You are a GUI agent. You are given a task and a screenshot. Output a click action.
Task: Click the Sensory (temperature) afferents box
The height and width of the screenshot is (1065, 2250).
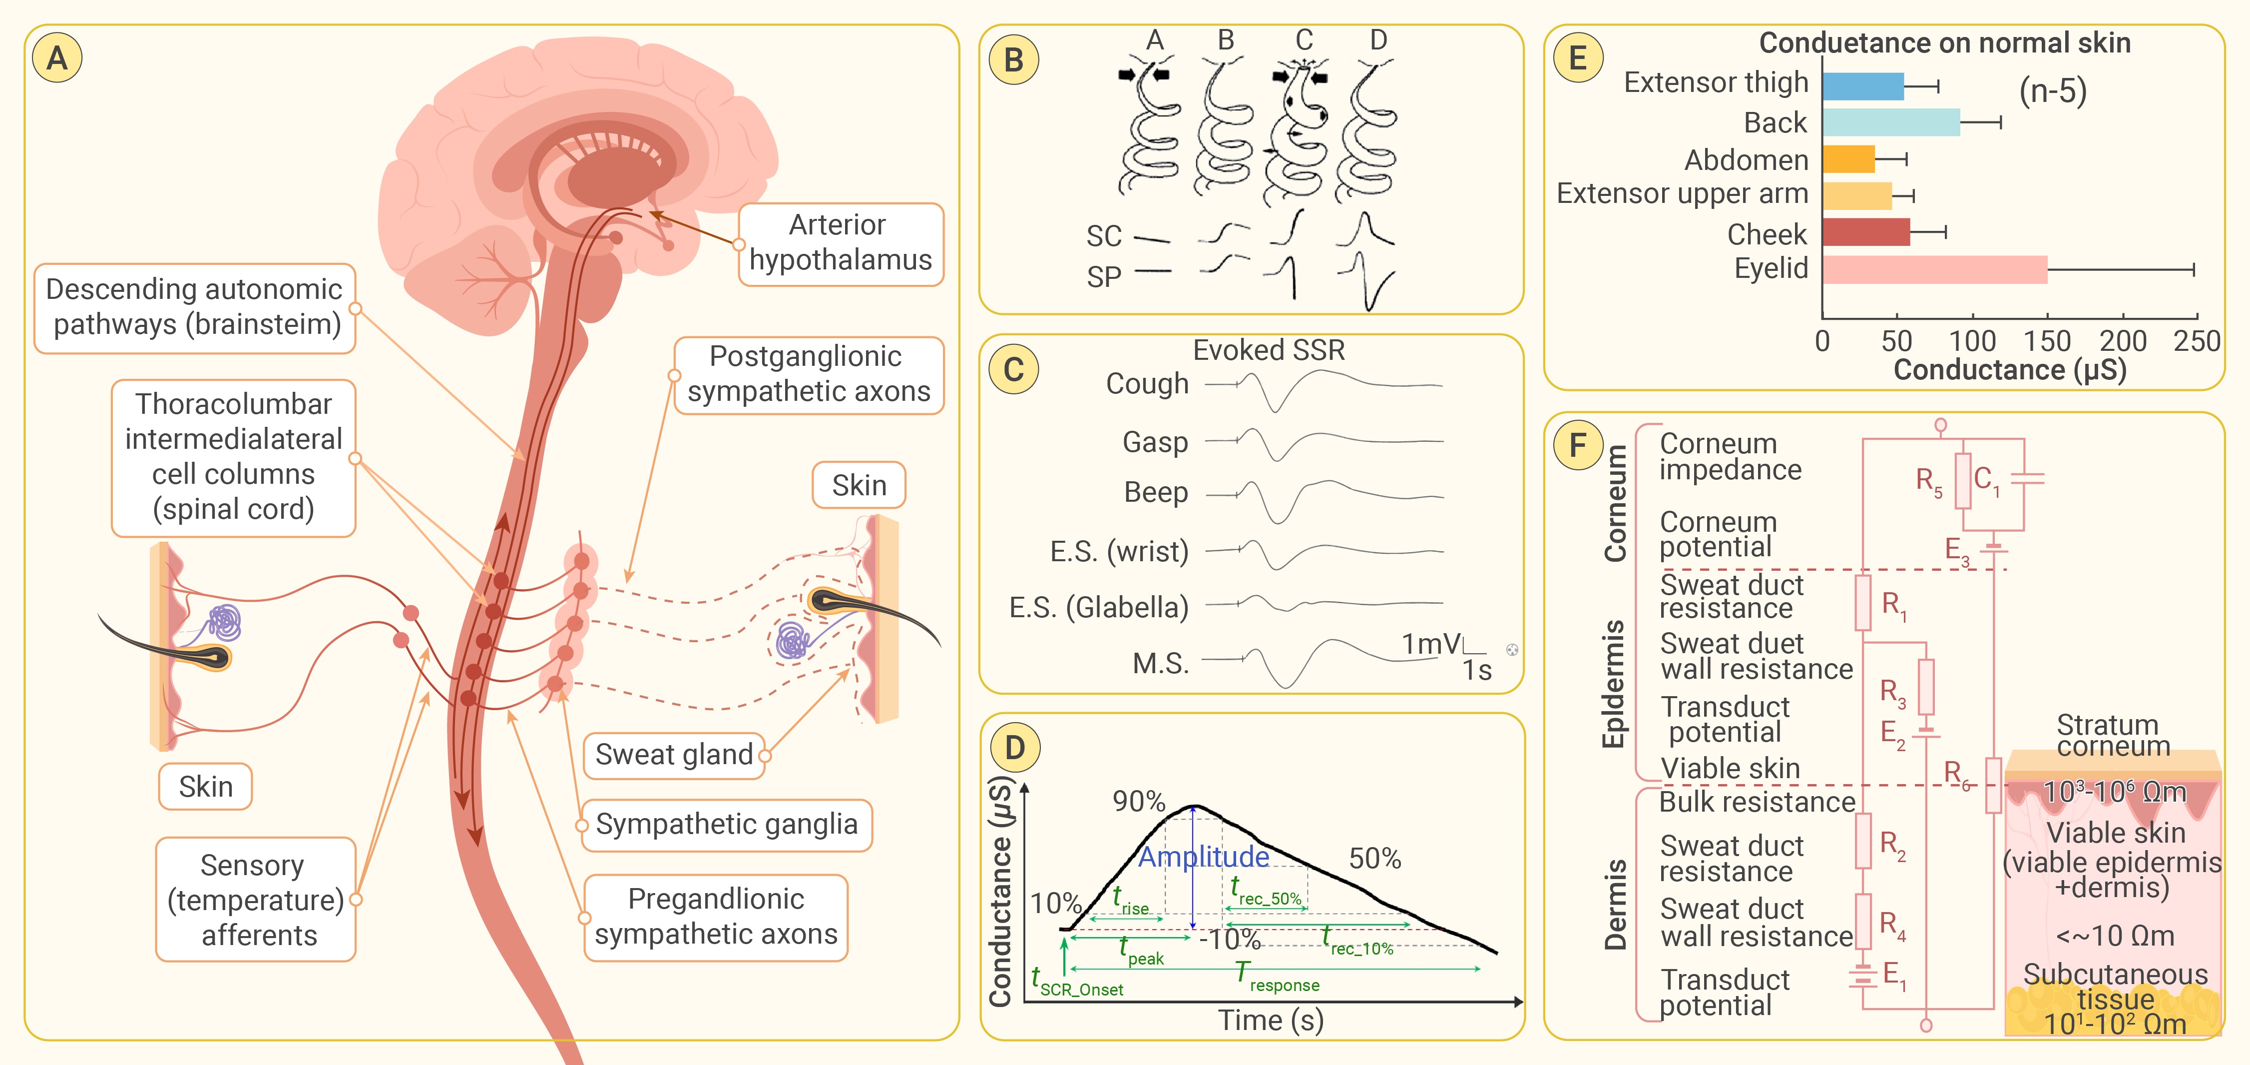[x=256, y=900]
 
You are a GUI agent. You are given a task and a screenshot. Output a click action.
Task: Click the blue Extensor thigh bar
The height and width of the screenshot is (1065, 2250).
[x=1862, y=86]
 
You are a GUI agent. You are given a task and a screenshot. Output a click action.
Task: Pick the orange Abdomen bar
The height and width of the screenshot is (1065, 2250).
[x=1848, y=159]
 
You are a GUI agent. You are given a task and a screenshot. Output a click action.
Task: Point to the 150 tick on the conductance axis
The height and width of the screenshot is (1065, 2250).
[x=2047, y=341]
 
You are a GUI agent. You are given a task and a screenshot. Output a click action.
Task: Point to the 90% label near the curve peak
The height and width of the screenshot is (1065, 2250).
[x=1138, y=801]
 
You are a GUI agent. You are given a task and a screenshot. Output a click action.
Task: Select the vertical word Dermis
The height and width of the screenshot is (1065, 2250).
[x=1615, y=904]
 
